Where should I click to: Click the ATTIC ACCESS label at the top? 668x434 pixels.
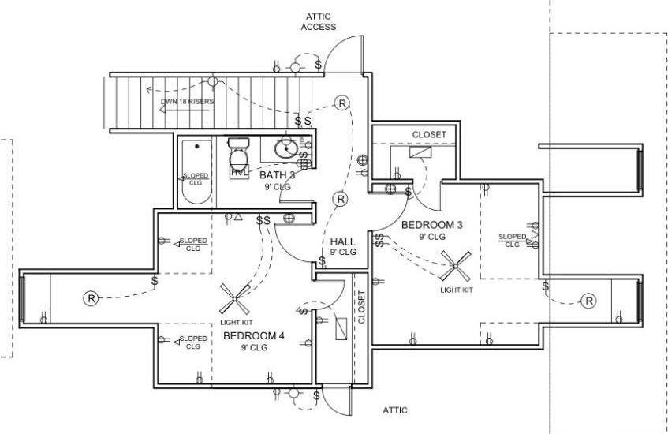[x=318, y=21]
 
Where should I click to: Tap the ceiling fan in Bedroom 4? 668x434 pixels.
[x=235, y=299]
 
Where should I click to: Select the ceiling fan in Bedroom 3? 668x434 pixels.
[x=457, y=266]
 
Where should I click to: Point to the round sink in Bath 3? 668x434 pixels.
[x=286, y=148]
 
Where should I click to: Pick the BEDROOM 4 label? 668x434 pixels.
[x=253, y=336]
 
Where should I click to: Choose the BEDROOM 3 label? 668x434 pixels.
[x=431, y=225]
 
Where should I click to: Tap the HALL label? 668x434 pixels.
[x=342, y=241]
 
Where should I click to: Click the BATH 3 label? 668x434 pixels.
[x=278, y=175]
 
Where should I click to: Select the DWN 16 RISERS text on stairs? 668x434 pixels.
[x=187, y=102]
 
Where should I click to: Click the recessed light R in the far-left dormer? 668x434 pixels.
[x=91, y=298]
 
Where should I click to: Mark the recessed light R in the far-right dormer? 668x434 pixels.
[x=588, y=301]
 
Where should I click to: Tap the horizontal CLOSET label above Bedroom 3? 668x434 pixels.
[x=429, y=135]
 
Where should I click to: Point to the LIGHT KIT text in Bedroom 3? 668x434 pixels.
[x=457, y=290]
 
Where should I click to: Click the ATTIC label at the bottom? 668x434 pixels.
[x=395, y=410]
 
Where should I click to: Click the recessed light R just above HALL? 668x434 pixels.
[x=340, y=199]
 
